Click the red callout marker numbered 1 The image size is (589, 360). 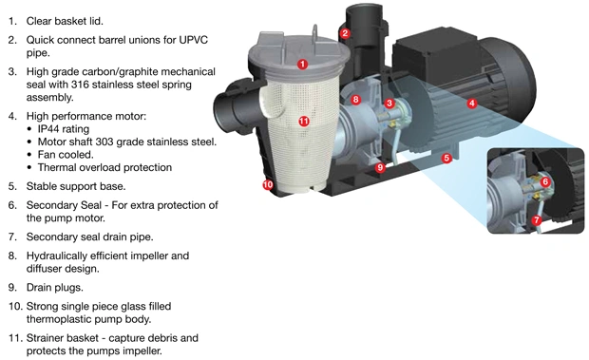tap(302, 65)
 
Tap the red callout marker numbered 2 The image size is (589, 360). tap(345, 33)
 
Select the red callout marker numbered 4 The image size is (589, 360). tap(472, 103)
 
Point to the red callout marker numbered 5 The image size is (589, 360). tap(446, 158)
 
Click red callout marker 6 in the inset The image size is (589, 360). tap(545, 182)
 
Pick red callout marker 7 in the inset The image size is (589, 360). tap(537, 220)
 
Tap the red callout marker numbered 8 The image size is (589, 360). tap(355, 100)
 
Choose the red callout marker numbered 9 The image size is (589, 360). tap(380, 167)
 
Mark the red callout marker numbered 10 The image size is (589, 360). tap(268, 184)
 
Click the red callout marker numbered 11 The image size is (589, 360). tap(304, 122)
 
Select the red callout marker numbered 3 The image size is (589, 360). tap(389, 104)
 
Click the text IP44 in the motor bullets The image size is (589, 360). tap(48, 129)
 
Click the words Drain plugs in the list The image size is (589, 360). tap(55, 288)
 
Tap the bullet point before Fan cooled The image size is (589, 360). tap(29, 155)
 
